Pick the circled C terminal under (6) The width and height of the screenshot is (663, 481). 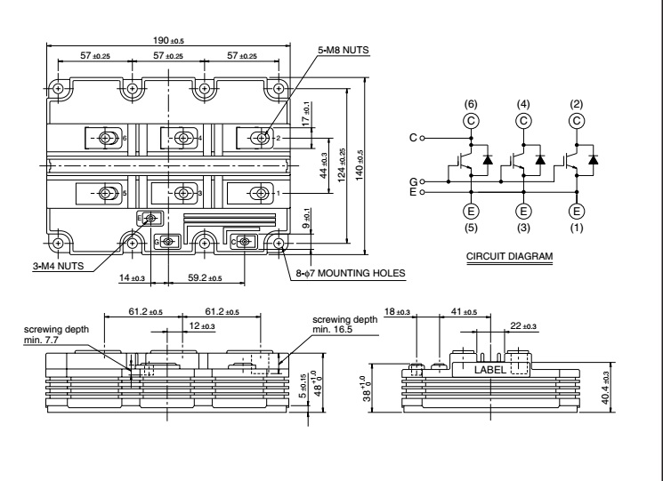point(470,120)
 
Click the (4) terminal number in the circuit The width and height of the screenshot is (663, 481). point(523,105)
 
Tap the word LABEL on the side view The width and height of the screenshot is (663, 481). point(492,368)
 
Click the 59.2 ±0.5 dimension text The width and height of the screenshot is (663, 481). point(206,278)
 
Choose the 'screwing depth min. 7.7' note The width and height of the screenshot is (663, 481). point(46,334)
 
